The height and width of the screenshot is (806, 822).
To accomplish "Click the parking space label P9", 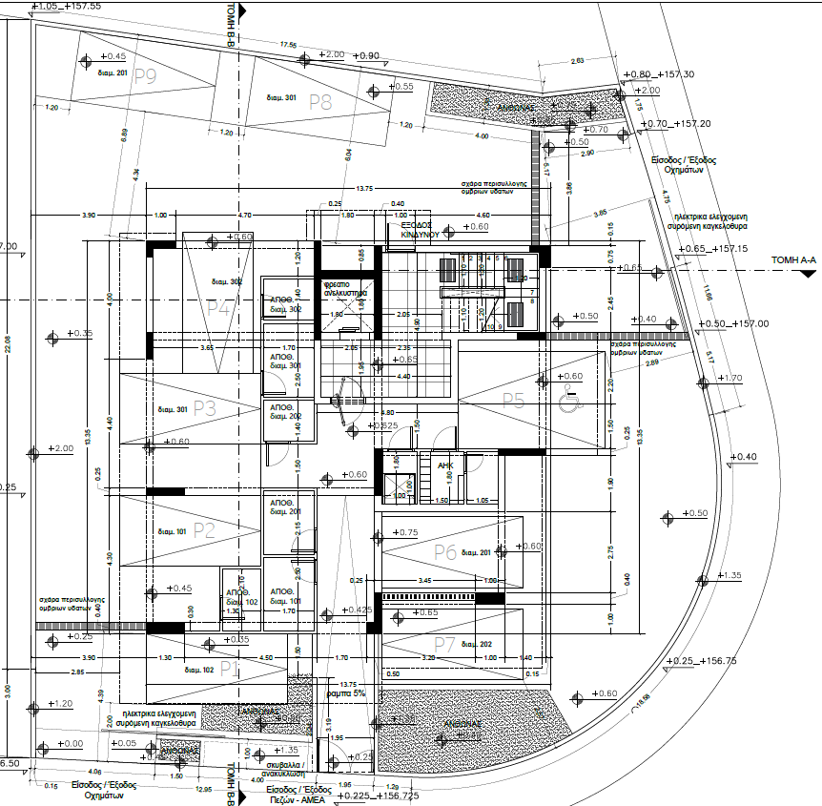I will tap(145, 78).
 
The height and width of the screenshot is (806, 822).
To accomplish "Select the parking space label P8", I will tap(319, 103).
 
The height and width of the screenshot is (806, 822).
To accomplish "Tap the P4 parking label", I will tap(218, 308).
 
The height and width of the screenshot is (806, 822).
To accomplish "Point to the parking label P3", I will tap(205, 408).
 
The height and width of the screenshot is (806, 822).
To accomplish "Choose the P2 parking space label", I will tap(205, 529).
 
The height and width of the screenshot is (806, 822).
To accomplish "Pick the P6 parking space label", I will tap(445, 551).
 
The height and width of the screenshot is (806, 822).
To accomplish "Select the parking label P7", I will tap(444, 644).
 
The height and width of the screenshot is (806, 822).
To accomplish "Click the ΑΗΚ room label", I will tap(445, 465).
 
